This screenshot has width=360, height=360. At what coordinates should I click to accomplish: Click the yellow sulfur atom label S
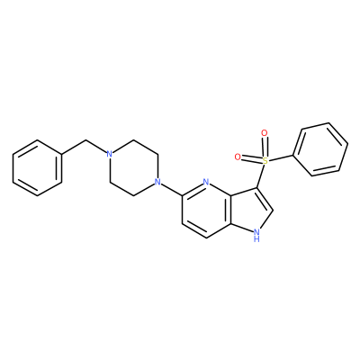point(265,161)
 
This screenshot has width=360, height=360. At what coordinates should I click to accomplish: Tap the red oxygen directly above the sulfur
point(265,133)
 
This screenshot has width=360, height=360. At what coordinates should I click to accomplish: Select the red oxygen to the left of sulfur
point(238,157)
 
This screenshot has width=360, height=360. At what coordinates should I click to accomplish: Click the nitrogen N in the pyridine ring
point(205,182)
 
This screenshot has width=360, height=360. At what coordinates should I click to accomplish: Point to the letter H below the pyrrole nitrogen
point(256,239)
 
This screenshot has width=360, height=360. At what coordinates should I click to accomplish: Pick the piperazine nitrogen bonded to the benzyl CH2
point(110,154)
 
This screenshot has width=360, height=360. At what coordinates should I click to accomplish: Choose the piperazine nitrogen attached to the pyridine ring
point(157,182)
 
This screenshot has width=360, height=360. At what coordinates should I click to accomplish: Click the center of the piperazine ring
point(133,168)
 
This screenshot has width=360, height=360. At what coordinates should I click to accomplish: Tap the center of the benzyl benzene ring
point(38,168)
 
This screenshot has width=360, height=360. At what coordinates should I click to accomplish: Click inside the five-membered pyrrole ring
point(250,211)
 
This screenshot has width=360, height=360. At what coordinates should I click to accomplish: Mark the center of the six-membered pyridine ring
point(206,210)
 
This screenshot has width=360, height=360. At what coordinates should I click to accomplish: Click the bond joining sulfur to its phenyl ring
point(281,158)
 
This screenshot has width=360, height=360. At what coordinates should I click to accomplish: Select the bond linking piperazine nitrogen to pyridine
point(171,189)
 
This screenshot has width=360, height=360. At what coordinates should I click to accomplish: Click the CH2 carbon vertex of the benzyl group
point(86,140)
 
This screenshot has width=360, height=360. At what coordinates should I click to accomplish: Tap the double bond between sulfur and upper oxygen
point(265,147)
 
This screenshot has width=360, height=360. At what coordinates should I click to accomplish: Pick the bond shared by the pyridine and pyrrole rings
point(230,210)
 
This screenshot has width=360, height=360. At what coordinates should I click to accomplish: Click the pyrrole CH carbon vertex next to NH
point(273,210)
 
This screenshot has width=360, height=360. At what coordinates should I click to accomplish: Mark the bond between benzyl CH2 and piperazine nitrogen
point(96,147)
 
